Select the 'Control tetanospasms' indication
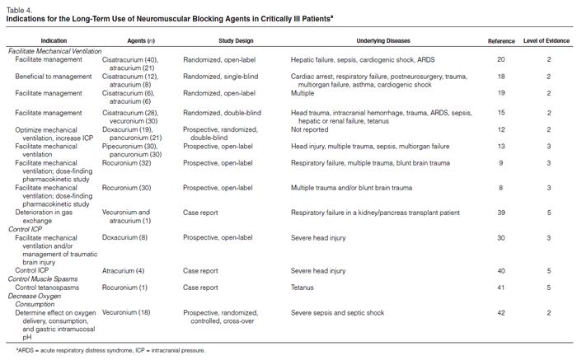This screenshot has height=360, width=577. [55, 288]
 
